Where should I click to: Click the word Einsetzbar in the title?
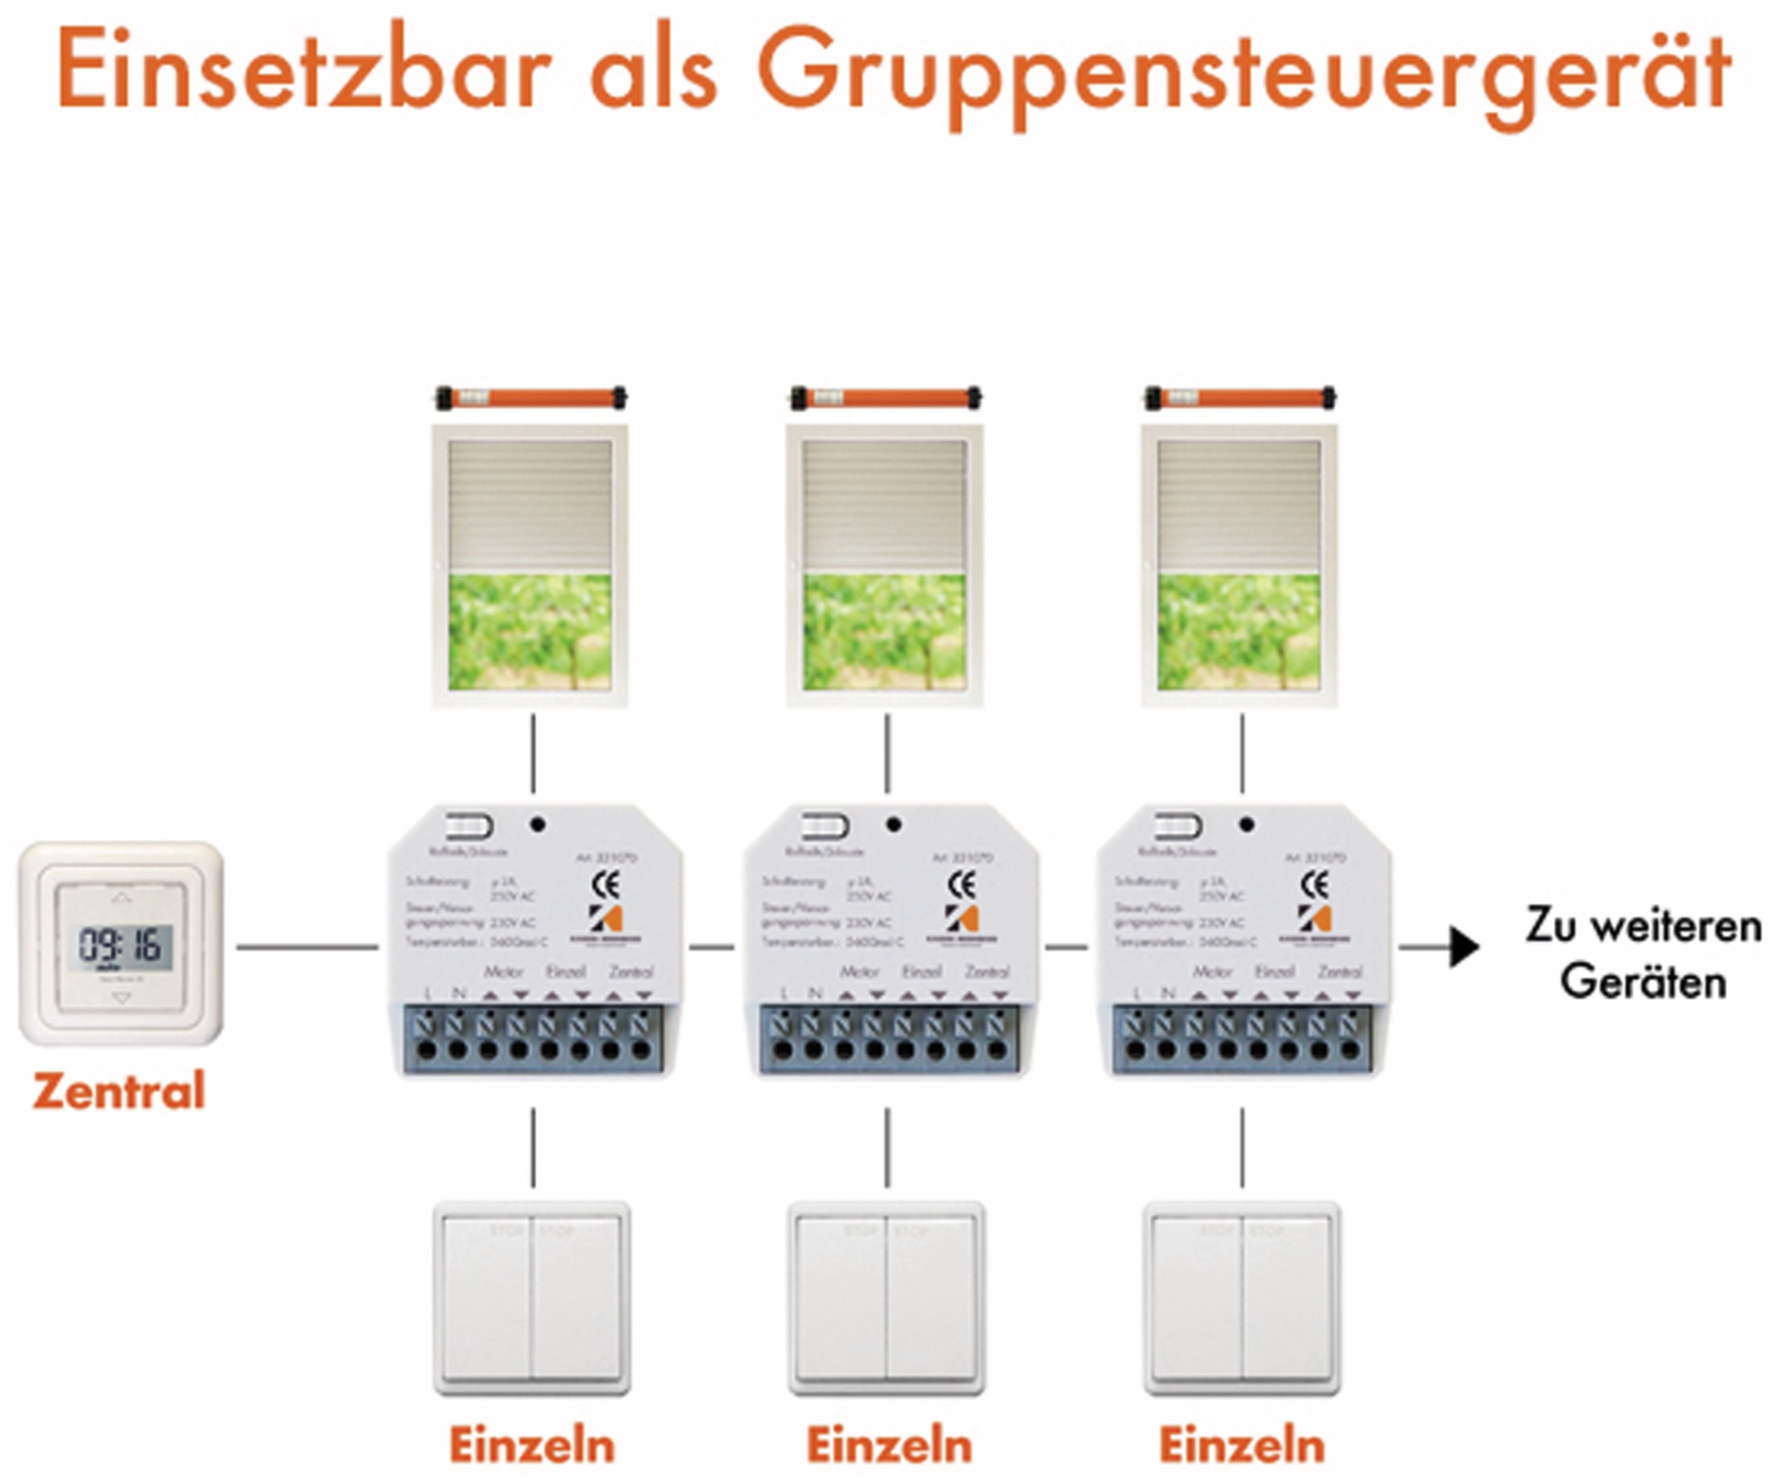click(x=304, y=71)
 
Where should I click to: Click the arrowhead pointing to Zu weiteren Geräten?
click(x=1465, y=947)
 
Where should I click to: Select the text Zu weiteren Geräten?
click(x=1643, y=953)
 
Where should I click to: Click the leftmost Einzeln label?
click(x=531, y=1445)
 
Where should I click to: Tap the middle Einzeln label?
click(x=889, y=1445)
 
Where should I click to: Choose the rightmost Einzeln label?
click(x=1242, y=1445)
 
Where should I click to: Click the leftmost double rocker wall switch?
click(x=531, y=1298)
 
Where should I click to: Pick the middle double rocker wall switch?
click(x=887, y=1298)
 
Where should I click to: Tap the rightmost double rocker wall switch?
click(x=1242, y=1298)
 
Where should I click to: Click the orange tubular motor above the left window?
click(x=531, y=397)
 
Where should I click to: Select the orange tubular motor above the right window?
click(x=1241, y=397)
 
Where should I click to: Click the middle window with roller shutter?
click(x=885, y=565)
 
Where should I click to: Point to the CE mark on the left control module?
click(x=605, y=885)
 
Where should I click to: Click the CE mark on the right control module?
click(x=1314, y=885)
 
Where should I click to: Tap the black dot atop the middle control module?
click(x=893, y=824)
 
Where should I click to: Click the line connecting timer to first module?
click(x=306, y=946)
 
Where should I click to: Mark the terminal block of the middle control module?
click(x=889, y=1039)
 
